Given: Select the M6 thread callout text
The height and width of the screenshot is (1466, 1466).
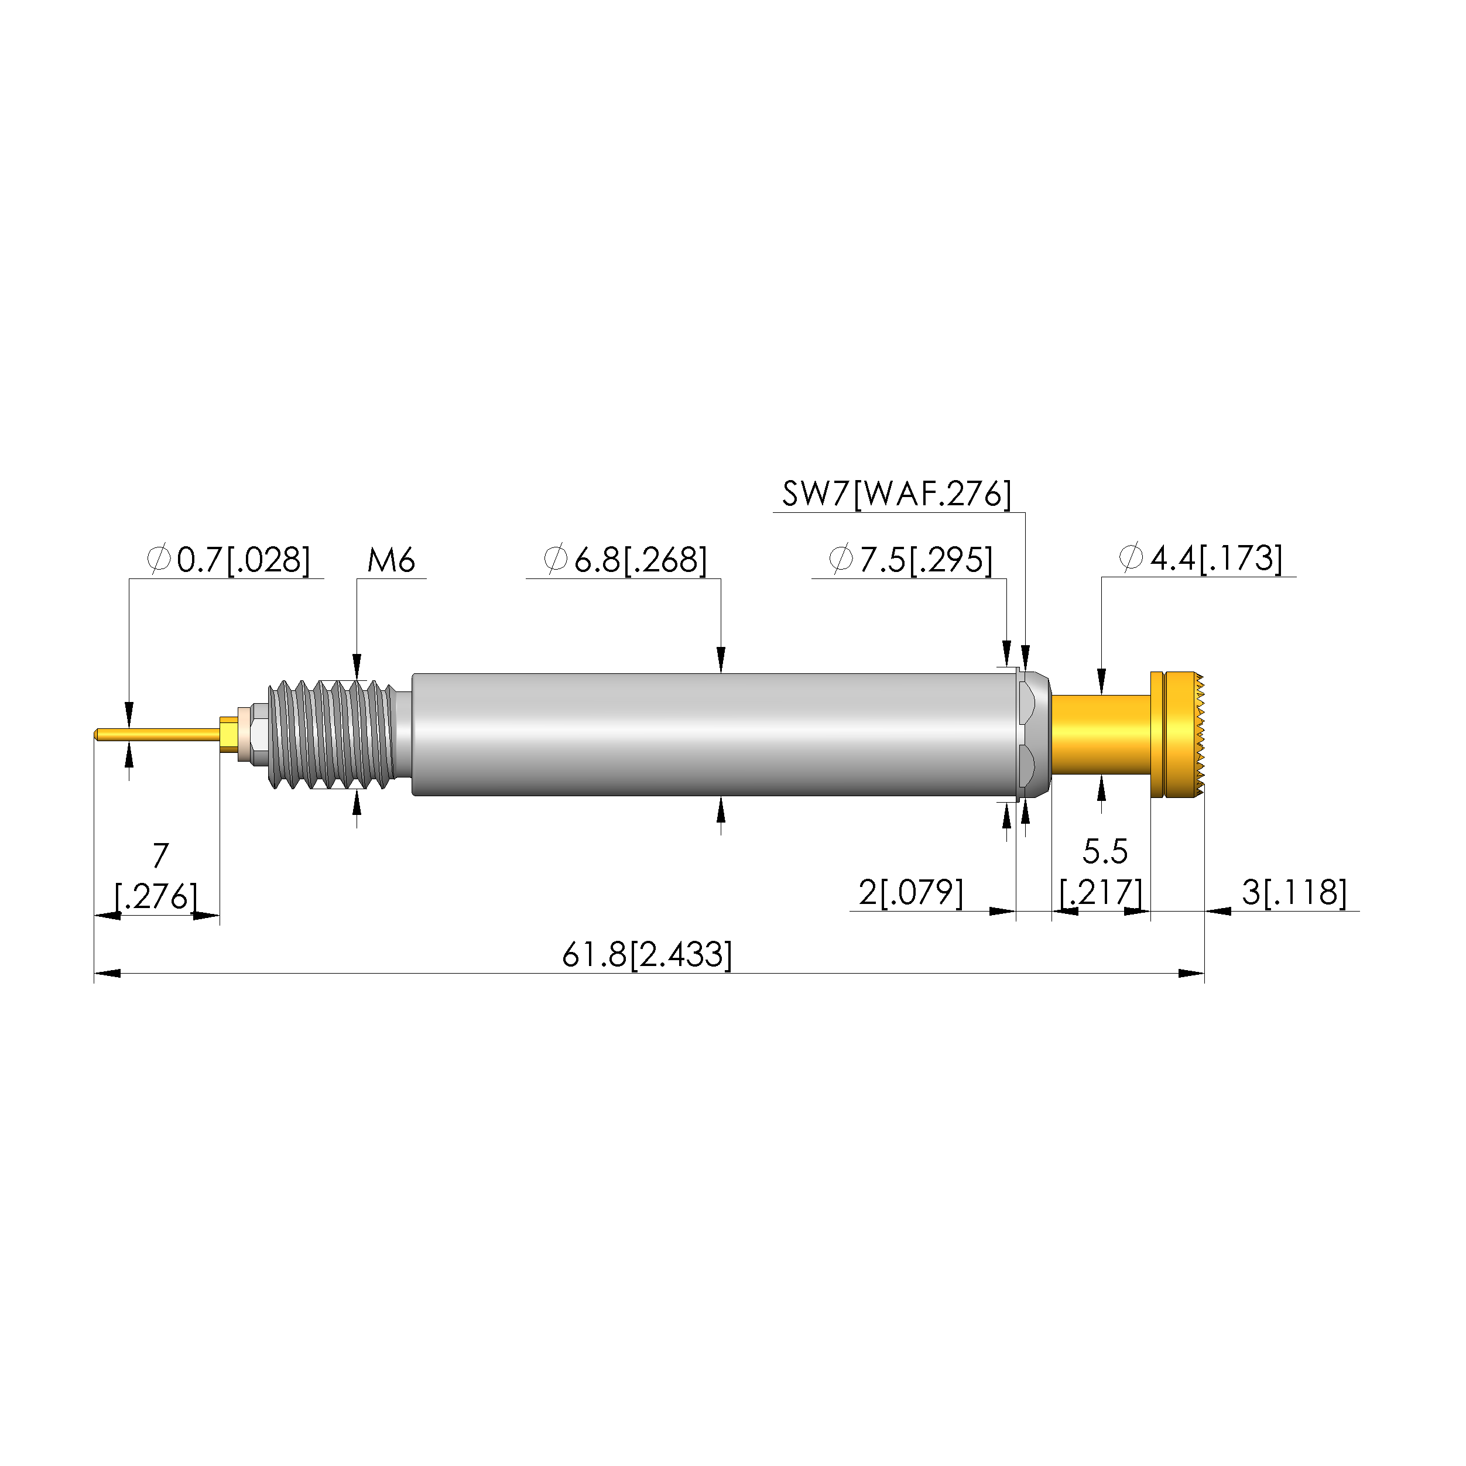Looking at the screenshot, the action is [391, 561].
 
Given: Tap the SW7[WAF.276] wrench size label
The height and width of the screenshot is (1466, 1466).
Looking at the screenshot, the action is [897, 494].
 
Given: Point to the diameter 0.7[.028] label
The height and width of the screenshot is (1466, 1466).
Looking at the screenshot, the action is [229, 560].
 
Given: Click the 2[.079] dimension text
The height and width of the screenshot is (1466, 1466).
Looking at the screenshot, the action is [910, 893].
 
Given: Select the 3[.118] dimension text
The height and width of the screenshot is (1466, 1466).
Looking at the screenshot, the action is [1294, 893].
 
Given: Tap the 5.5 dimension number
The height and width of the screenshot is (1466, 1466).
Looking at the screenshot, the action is [1105, 852].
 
